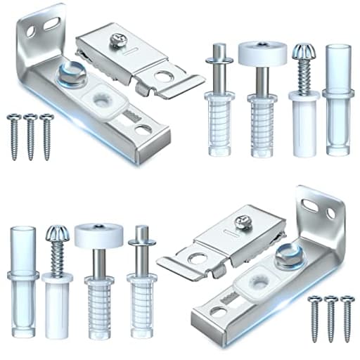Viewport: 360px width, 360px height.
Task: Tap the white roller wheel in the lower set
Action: point(98,234)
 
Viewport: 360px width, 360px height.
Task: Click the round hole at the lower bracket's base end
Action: point(214,311)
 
